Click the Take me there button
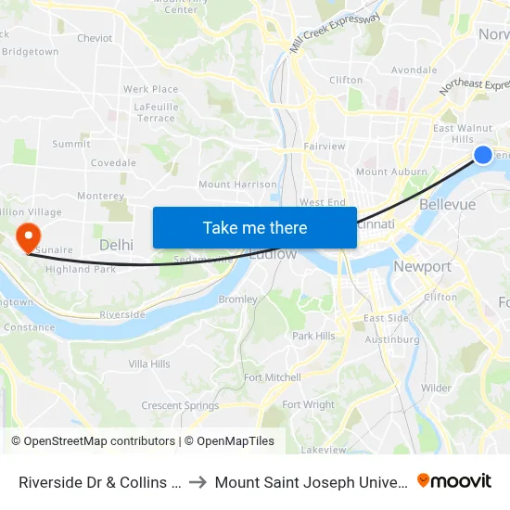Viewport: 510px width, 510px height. click(x=255, y=227)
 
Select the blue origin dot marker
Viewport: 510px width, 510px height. click(x=483, y=155)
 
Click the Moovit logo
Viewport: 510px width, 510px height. click(x=454, y=481)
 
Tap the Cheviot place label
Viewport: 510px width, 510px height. click(x=95, y=39)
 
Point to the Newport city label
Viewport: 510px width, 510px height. click(x=422, y=267)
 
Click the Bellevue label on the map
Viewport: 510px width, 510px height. click(x=447, y=204)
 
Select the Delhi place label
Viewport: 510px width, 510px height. click(x=116, y=245)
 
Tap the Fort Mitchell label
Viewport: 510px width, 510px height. click(x=272, y=377)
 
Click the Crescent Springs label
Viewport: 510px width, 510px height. click(x=180, y=405)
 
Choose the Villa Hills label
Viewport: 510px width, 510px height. click(x=149, y=364)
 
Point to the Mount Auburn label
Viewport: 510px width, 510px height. click(x=391, y=172)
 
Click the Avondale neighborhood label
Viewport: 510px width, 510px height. click(x=414, y=70)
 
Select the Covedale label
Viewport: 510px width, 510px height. click(x=113, y=163)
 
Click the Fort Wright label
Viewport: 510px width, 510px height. click(x=308, y=404)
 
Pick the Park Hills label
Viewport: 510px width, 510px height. click(x=313, y=336)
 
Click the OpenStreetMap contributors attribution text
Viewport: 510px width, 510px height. click(x=99, y=441)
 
